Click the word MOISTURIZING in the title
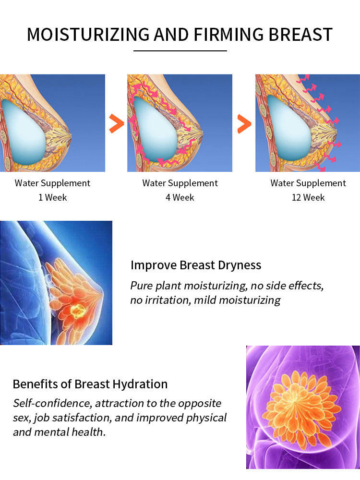[88, 35]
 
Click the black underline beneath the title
[180, 50]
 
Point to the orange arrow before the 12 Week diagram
[244, 124]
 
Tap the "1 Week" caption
[52, 197]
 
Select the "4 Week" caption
[180, 197]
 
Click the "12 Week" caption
[308, 197]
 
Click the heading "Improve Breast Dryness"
[196, 265]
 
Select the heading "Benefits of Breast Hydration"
[90, 384]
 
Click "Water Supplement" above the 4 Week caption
[180, 183]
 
